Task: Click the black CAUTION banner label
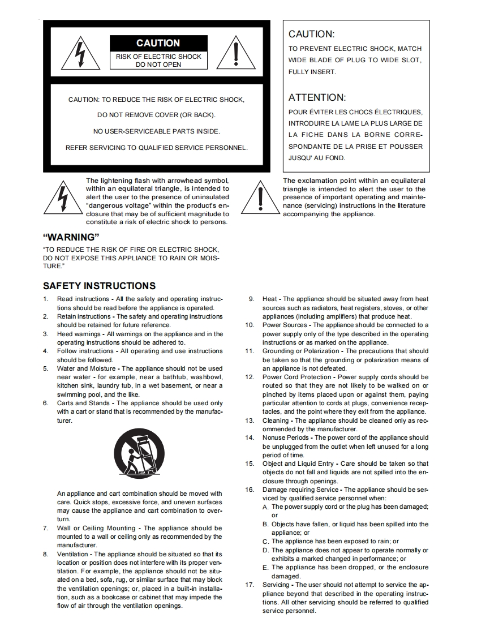(x=158, y=43)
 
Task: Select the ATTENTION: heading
(x=317, y=97)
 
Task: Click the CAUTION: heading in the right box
(x=311, y=34)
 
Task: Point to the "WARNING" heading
(x=71, y=237)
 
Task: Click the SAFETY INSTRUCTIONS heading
(x=99, y=286)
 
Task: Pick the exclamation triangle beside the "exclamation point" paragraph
(x=260, y=197)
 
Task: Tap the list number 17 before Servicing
(x=249, y=585)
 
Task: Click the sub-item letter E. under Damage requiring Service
(x=265, y=568)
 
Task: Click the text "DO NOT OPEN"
(x=158, y=65)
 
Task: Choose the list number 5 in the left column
(x=46, y=368)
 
